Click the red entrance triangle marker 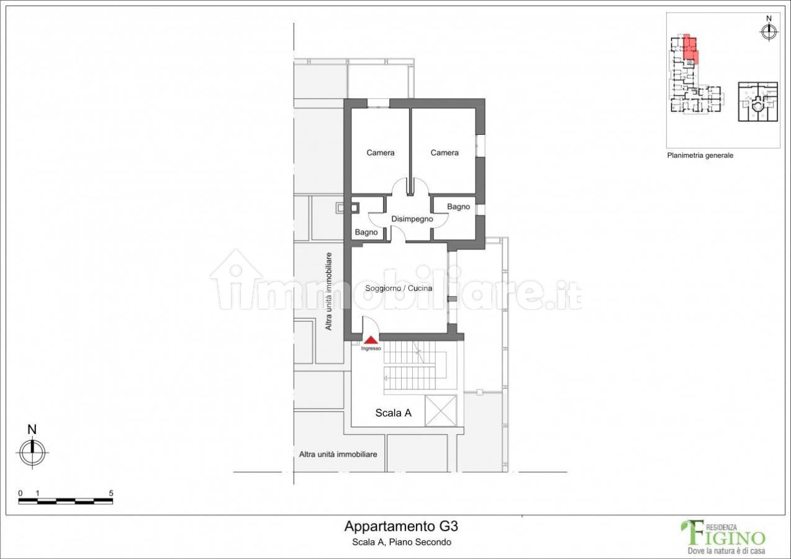click(371, 340)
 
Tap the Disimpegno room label click(412, 219)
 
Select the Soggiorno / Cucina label click(399, 288)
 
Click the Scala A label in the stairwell click(393, 412)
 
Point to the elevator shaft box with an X click(441, 411)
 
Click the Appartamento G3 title click(401, 527)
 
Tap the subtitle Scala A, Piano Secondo click(402, 542)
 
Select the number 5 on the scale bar click(111, 493)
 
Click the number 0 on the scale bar click(20, 493)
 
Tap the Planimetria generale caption click(700, 155)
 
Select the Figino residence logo click(724, 537)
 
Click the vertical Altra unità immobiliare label click(328, 291)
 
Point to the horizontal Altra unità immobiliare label click(338, 455)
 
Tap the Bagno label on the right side click(458, 207)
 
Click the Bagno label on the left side click(366, 232)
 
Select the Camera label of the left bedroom click(381, 153)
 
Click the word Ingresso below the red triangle click(371, 348)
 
